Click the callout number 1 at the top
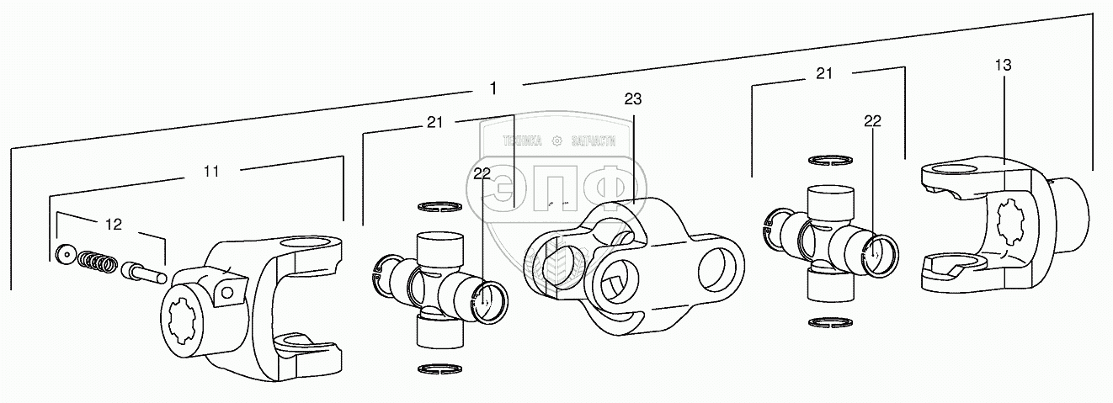[493, 87]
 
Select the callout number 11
[211, 171]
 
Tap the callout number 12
[113, 224]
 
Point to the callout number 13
[1002, 65]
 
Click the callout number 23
[632, 98]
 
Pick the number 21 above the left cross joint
[434, 122]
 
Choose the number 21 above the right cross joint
[823, 74]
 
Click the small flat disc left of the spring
[63, 254]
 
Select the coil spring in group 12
[97, 263]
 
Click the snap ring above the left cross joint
[439, 206]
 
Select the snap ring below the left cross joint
[439, 369]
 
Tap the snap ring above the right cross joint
[830, 159]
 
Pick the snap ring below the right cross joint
[830, 322]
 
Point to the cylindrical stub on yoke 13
[1068, 215]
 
